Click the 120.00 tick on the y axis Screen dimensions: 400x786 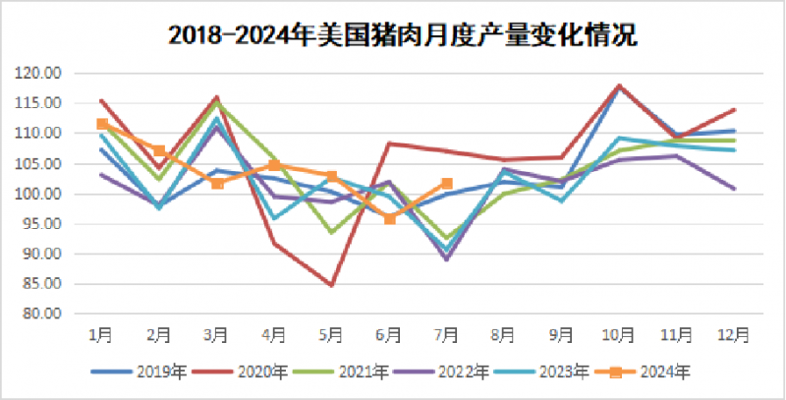click(x=40, y=73)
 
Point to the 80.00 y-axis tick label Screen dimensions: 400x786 click(x=42, y=314)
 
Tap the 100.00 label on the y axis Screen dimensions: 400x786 click(x=40, y=194)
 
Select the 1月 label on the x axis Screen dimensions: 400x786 click(x=101, y=335)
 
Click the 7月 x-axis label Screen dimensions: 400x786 click(x=447, y=335)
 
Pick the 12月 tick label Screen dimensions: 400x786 click(x=735, y=335)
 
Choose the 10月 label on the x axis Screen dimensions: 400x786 click(x=620, y=335)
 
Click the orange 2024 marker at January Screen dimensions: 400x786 click(x=101, y=124)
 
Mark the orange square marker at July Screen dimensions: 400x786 click(x=447, y=183)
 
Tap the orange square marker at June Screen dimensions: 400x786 click(x=389, y=218)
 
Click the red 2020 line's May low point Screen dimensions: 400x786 click(x=332, y=285)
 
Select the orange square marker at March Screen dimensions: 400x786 click(x=217, y=183)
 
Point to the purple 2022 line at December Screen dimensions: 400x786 click(x=735, y=188)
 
